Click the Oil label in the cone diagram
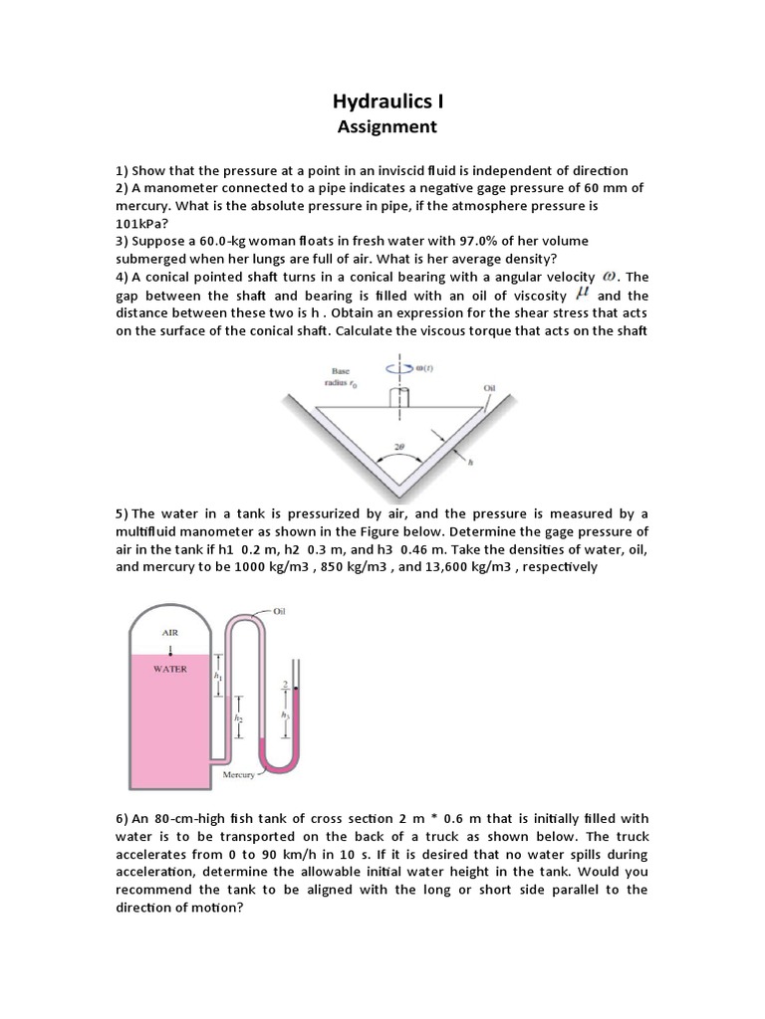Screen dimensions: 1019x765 488,388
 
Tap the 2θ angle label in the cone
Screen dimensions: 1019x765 399,448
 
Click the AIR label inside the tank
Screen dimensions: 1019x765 170,630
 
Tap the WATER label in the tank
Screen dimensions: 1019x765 170,670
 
